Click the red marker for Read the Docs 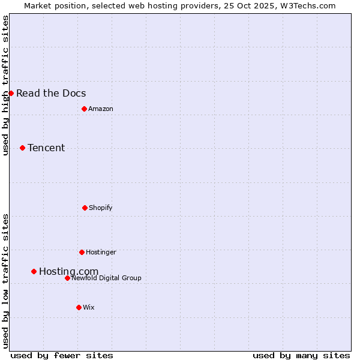coord(11,93)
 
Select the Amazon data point coord(84,109)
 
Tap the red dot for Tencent coord(22,148)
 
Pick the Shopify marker coord(85,208)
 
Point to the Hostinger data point coord(82,252)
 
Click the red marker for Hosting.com coord(34,271)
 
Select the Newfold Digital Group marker coord(67,278)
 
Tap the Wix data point coord(79,307)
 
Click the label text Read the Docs coord(51,93)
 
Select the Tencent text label coord(46,148)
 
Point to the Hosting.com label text coord(68,272)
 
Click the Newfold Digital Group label coord(106,278)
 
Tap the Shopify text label coord(101,208)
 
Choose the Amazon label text coord(101,109)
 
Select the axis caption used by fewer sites coord(62,355)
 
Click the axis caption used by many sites coord(301,355)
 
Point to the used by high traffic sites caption coord(6,85)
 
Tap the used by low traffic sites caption coord(6,281)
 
